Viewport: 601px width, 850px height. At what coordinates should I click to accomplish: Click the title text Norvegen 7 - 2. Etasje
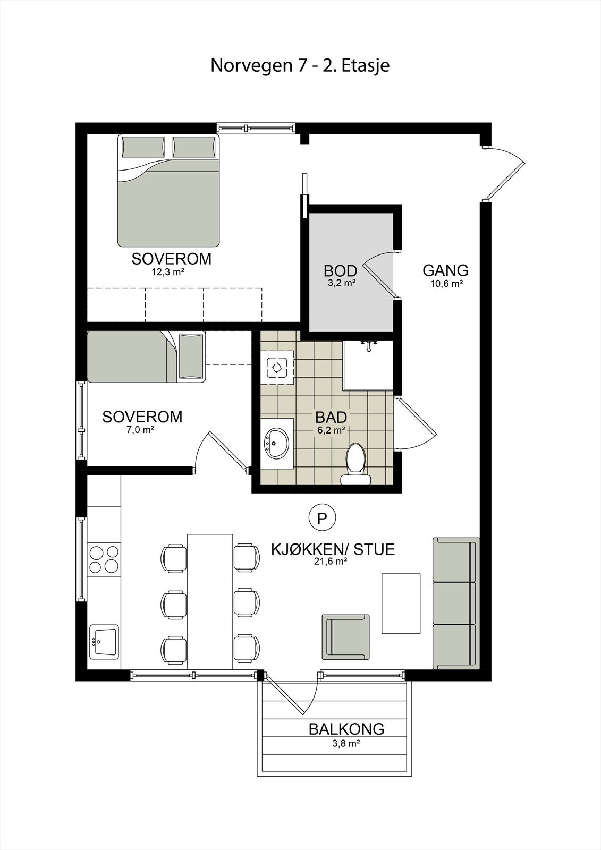coord(300,65)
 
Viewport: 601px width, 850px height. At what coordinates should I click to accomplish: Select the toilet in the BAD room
coord(355,464)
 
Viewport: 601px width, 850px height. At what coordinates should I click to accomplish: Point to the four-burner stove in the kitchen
coord(104,559)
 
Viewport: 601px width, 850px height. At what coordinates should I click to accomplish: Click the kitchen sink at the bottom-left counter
coord(104,641)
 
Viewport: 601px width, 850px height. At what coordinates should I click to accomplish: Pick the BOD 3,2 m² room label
coord(340,275)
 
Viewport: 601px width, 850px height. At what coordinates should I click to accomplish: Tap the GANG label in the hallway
coord(445,270)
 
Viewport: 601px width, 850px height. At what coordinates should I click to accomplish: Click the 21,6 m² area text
coord(330,560)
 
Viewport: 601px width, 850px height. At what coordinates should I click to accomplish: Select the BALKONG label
coord(346,729)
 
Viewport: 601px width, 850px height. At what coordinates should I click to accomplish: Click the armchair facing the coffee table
coord(345,636)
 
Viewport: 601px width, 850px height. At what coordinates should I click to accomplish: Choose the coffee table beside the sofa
coord(401,603)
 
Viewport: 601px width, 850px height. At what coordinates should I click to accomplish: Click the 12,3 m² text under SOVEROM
coord(168,272)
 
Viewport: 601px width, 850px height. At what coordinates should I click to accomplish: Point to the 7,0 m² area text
coord(140,430)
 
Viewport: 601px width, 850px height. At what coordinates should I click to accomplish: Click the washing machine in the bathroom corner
coord(277,367)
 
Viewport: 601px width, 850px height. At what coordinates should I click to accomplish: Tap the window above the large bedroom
coord(256,127)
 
